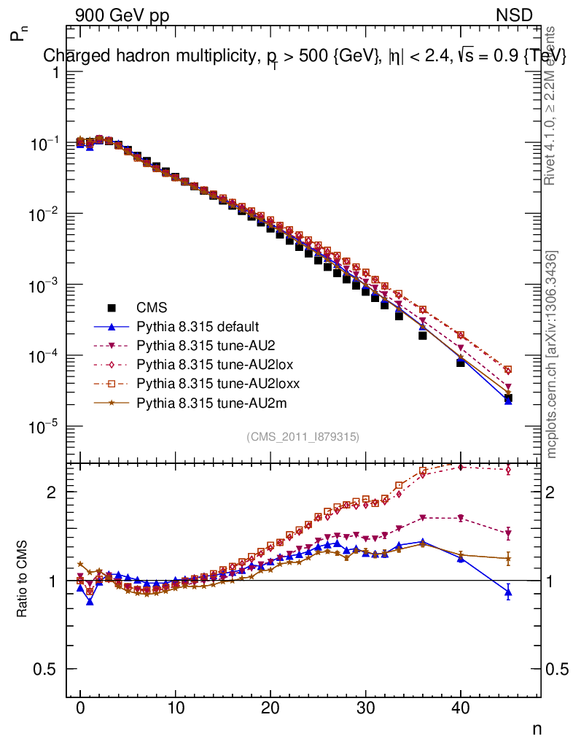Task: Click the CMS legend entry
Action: pyautogui.click(x=147, y=308)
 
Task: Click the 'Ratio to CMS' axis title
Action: pyautogui.click(x=23, y=581)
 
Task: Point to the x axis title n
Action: pyautogui.click(x=537, y=729)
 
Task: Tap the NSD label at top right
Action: pyautogui.click(x=515, y=15)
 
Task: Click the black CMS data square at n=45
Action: pyautogui.click(x=508, y=398)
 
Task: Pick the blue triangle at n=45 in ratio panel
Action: pyautogui.click(x=508, y=592)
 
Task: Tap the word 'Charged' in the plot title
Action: pyautogui.click(x=71, y=55)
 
